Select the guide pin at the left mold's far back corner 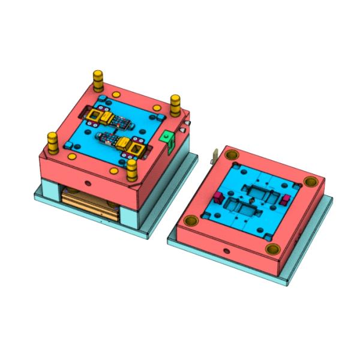coord(97,79)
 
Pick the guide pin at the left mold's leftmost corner coord(53,143)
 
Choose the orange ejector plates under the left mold coord(90,201)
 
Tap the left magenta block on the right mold coord(218,197)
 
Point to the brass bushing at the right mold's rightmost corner coord(310,181)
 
